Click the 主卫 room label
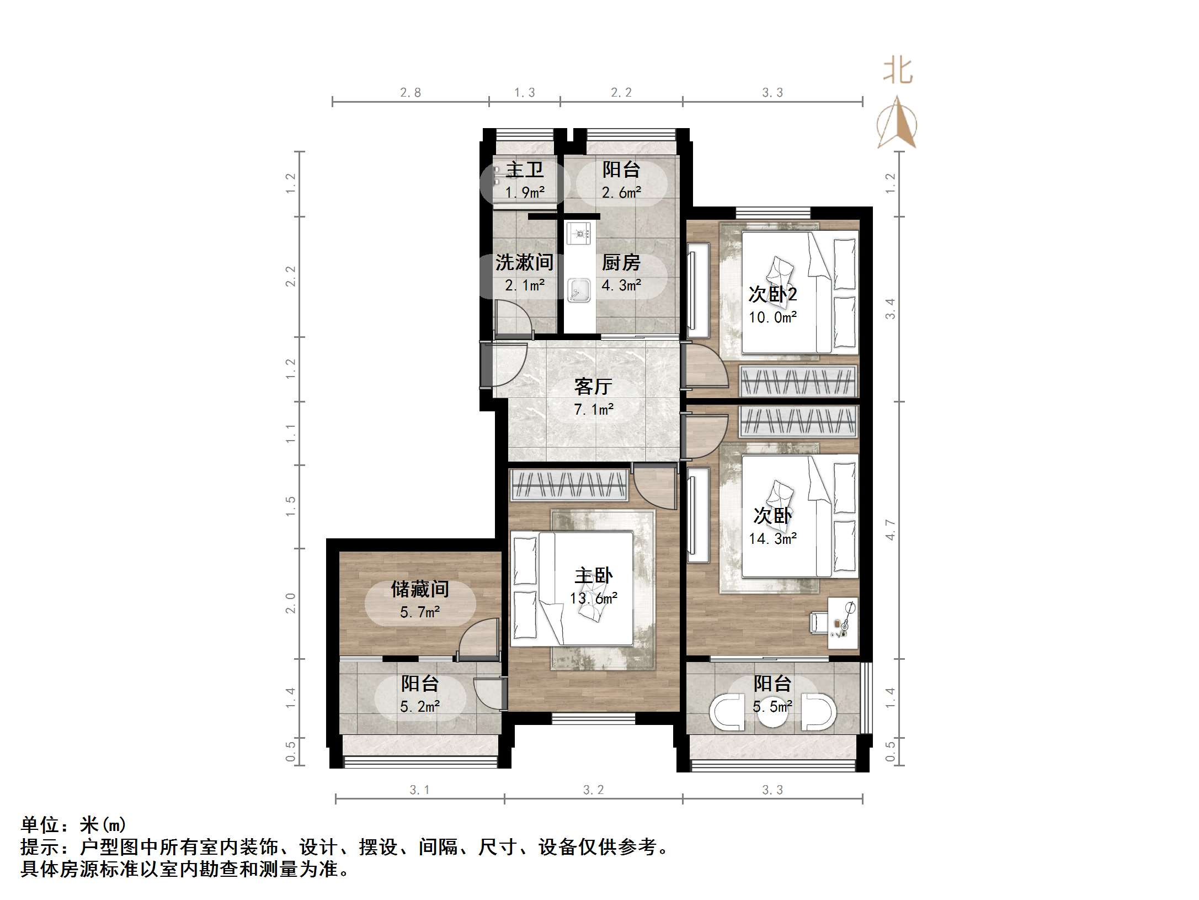click(524, 170)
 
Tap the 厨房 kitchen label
click(621, 262)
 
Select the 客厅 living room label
click(593, 386)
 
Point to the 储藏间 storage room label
click(419, 589)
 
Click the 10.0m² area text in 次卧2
click(772, 317)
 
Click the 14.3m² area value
click(772, 538)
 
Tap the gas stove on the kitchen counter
click(578, 234)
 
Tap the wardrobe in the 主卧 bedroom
click(569, 485)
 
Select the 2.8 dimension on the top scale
click(410, 93)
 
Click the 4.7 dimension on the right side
click(890, 530)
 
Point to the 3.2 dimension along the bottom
click(593, 790)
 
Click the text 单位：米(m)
click(73, 825)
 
